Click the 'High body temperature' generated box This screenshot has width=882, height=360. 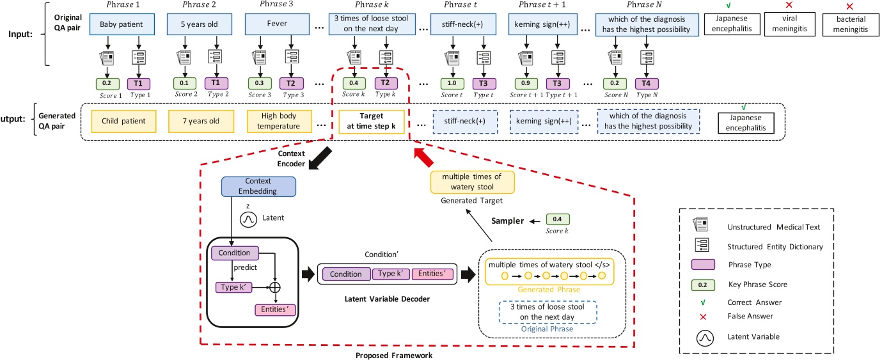pos(280,120)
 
